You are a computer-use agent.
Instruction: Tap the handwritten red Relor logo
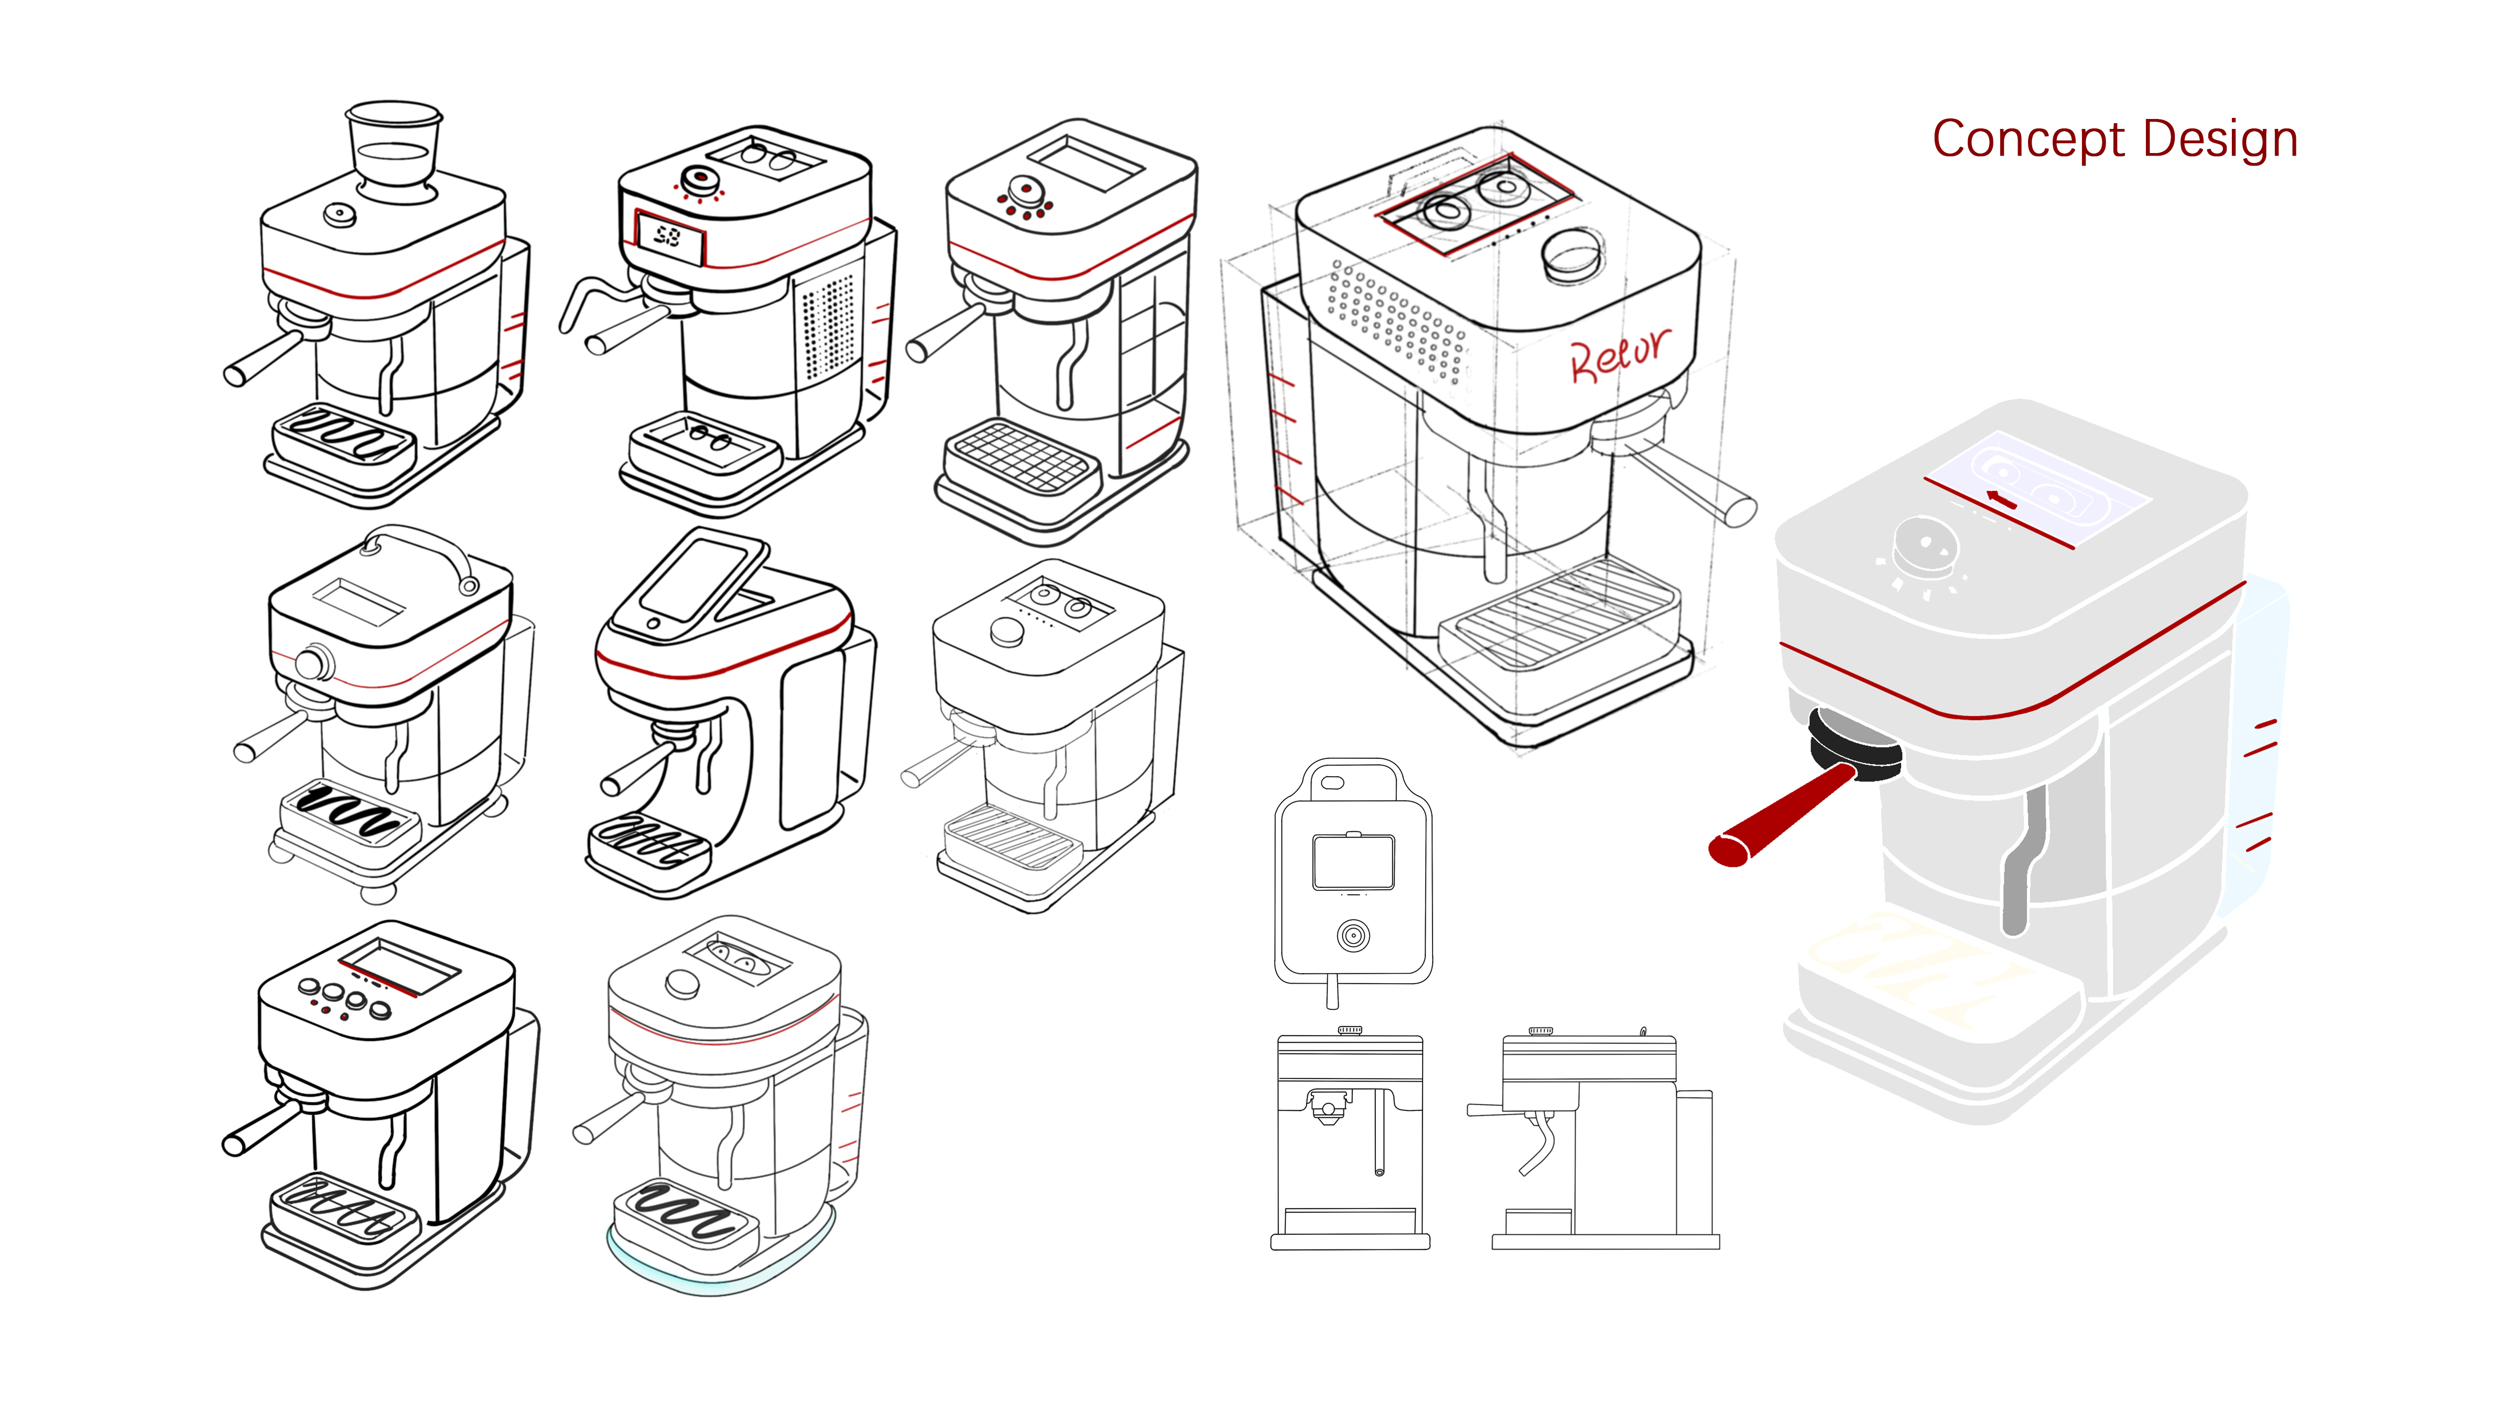coord(1619,354)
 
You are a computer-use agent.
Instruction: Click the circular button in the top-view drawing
coord(1353,935)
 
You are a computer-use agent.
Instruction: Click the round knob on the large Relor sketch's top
coord(1571,254)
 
